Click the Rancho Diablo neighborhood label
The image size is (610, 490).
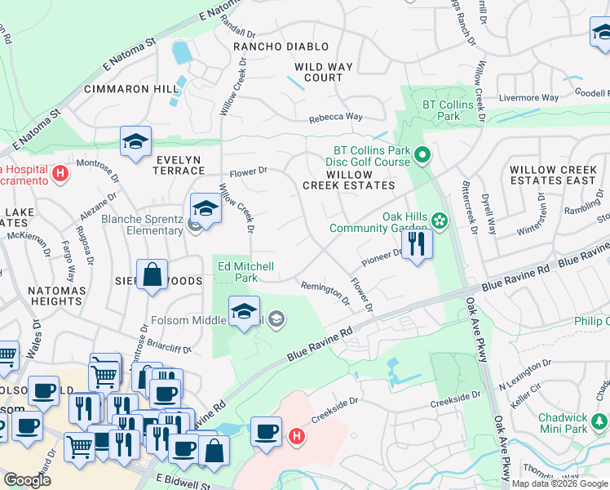point(281,47)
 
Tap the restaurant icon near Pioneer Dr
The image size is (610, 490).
point(417,243)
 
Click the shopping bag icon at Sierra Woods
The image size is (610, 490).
point(152,275)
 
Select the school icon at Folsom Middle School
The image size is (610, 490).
point(244,312)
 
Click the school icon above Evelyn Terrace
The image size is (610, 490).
point(136,142)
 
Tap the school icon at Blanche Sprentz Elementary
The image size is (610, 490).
point(206,209)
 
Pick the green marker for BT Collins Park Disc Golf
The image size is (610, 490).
point(422,154)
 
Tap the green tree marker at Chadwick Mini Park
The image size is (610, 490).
point(600,421)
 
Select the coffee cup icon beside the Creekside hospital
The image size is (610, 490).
point(266,431)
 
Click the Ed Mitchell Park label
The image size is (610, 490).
point(245,272)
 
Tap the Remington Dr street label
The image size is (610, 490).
point(325,292)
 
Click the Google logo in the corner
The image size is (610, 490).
point(27,480)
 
